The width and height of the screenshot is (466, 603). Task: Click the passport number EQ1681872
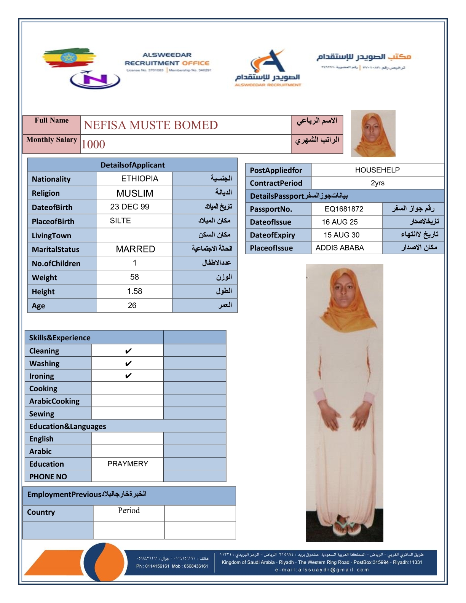pos(344,209)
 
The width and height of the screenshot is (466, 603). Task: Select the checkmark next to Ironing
pos(128,376)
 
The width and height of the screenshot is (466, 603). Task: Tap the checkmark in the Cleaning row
pos(128,351)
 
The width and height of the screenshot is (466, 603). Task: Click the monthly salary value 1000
pos(93,144)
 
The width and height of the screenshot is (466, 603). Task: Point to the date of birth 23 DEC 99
pos(129,207)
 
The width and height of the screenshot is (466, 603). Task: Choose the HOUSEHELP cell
pos(377,170)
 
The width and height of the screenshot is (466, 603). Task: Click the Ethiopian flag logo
pos(69,58)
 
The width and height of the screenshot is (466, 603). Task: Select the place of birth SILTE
pos(120,221)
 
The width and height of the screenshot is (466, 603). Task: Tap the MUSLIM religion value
pos(135,193)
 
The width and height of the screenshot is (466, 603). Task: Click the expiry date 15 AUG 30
pos(342,235)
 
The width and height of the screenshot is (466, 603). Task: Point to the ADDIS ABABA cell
pos(340,248)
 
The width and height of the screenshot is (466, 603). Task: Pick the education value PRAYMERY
pos(128,464)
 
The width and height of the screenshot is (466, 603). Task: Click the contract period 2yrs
pos(377,183)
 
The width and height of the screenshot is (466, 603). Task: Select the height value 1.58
pos(134,291)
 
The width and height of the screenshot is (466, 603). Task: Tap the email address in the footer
pos(322,570)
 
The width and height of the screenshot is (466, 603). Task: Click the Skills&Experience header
pos(60,338)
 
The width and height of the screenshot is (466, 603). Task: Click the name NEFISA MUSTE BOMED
pos(151,125)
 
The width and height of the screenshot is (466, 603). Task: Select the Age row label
pos(38,306)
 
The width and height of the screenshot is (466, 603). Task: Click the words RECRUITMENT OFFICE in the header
pos(167,63)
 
